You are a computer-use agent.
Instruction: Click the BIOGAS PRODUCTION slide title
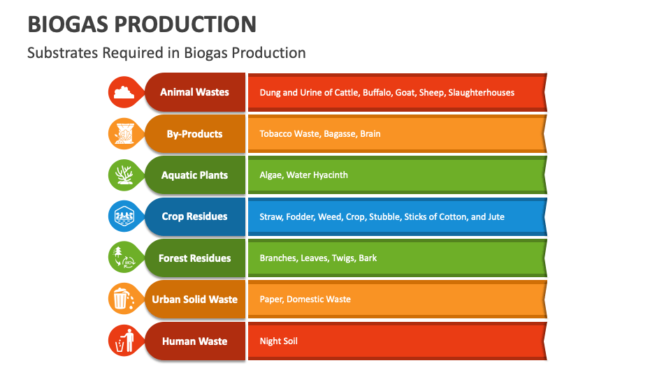point(142,24)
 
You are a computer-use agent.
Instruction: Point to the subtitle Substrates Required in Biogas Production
point(166,53)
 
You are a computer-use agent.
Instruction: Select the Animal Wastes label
point(194,92)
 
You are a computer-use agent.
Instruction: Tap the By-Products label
point(194,133)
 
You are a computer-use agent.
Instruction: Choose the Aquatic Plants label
point(194,175)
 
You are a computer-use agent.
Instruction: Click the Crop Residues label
point(194,216)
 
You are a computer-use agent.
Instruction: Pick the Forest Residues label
point(194,258)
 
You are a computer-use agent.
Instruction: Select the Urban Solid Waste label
point(194,300)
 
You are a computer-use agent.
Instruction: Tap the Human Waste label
point(194,341)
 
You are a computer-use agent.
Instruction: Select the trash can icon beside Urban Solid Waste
point(122,300)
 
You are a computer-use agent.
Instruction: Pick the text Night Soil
point(278,341)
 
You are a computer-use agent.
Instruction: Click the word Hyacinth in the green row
point(329,175)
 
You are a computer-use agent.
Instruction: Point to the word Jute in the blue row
point(496,216)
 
